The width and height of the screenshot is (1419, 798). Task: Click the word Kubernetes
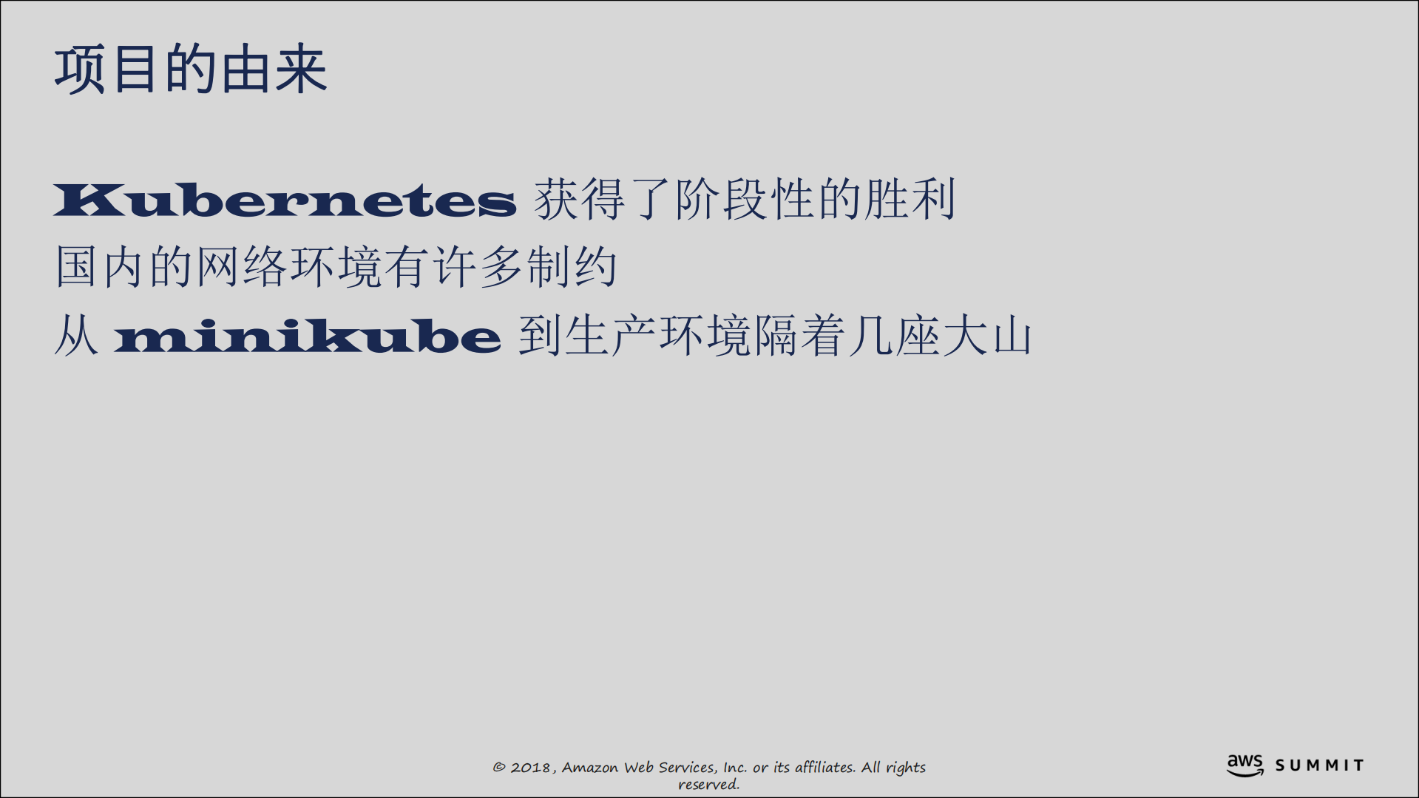click(285, 200)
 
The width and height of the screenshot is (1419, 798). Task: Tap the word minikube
click(308, 336)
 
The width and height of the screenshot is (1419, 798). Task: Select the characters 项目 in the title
click(106, 70)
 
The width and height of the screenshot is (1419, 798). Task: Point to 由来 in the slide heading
click(273, 70)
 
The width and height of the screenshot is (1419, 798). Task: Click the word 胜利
click(910, 199)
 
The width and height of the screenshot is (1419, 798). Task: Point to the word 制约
click(572, 267)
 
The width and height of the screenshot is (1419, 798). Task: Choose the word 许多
click(477, 267)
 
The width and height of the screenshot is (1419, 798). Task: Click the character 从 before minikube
click(75, 336)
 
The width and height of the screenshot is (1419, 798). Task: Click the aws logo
click(1245, 765)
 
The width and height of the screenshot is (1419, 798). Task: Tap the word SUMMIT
click(1319, 765)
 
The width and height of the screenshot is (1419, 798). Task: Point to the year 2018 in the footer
click(530, 768)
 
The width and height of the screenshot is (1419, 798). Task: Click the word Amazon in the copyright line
click(590, 768)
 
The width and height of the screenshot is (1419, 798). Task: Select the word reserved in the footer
click(708, 785)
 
